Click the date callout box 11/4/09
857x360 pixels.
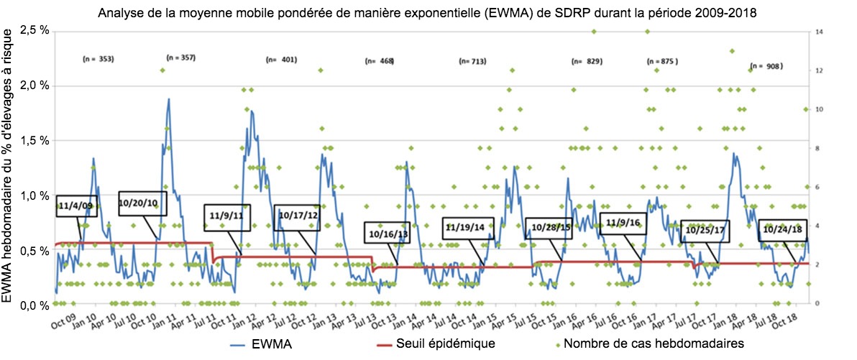tap(75, 206)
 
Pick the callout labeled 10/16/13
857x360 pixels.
tap(388, 234)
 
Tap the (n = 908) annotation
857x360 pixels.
tap(766, 66)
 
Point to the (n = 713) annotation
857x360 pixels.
tap(475, 63)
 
